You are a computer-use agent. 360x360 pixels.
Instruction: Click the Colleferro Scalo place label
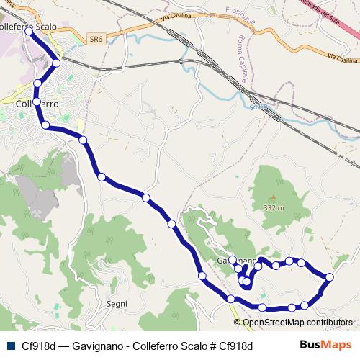pos(30,27)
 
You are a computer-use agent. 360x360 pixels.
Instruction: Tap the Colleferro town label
pos(36,104)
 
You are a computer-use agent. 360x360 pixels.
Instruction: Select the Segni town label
pos(116,304)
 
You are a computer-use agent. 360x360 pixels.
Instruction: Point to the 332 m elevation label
pos(274,207)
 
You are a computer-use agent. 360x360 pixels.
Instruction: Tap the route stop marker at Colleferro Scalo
pos(29,32)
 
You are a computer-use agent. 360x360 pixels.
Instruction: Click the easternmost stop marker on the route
pos(330,277)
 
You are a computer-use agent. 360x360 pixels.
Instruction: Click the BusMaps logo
pos(325,345)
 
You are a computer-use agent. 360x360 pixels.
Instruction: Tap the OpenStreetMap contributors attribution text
pos(297,323)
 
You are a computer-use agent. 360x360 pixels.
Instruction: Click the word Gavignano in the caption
pos(96,346)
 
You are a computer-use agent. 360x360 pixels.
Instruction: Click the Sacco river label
pos(258,107)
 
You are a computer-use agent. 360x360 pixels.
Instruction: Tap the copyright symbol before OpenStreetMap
pos(238,323)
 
